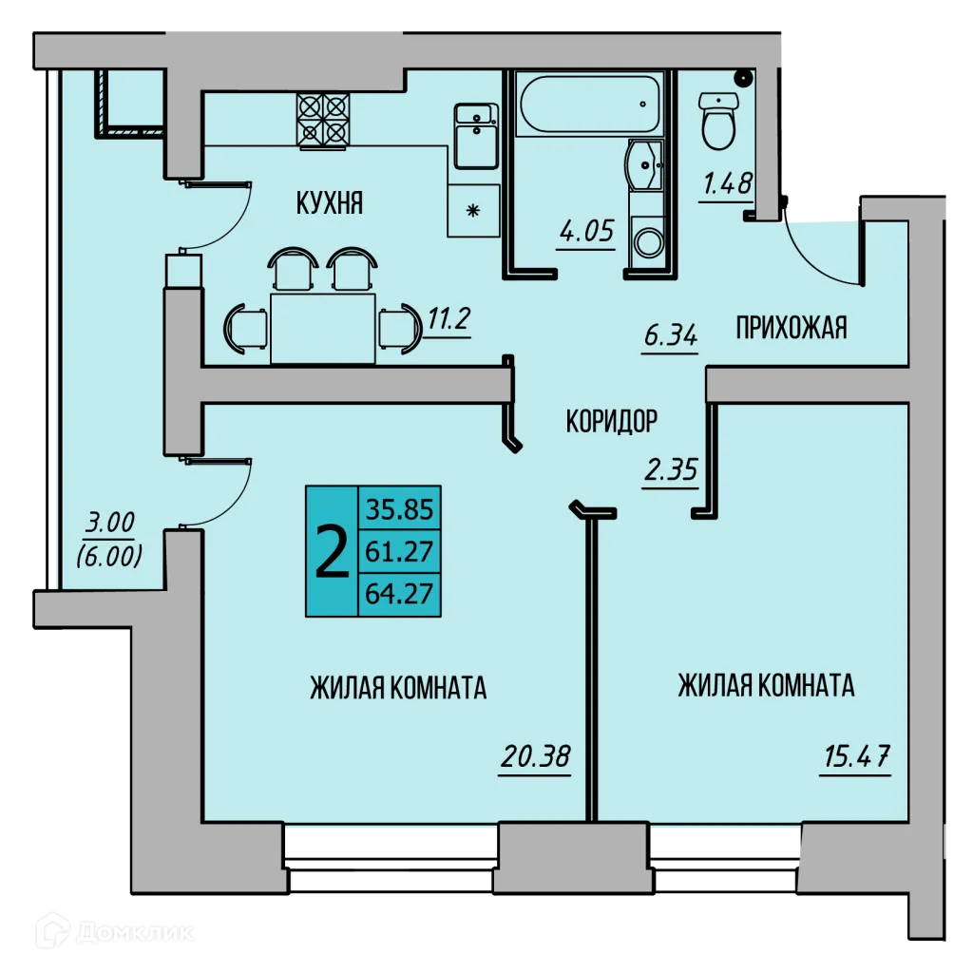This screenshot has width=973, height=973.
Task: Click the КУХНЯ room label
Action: click(x=330, y=202)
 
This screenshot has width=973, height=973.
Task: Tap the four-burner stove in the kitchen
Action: click(x=323, y=120)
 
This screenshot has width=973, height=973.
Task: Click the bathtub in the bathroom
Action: click(x=586, y=105)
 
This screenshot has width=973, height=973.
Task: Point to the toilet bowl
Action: click(x=718, y=121)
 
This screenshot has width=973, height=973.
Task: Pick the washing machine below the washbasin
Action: click(x=649, y=241)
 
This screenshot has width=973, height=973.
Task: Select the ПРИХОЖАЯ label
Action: click(x=792, y=329)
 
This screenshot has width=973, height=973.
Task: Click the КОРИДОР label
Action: click(x=611, y=420)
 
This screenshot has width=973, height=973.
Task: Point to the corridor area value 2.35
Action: click(x=670, y=470)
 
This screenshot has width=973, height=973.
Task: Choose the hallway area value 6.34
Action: click(x=670, y=334)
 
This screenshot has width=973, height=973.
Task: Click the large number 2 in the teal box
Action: click(x=331, y=552)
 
